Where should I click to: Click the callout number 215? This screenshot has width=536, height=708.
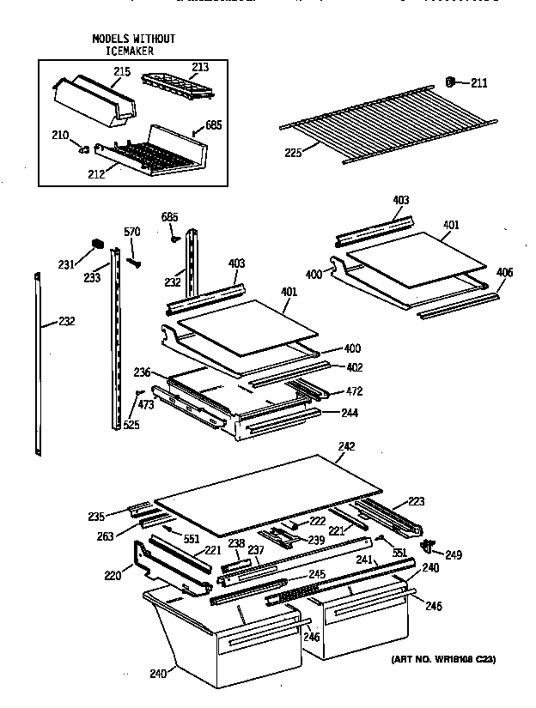[x=122, y=72]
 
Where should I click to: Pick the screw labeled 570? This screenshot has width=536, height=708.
[x=133, y=258]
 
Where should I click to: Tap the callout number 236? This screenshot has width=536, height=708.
[x=142, y=372]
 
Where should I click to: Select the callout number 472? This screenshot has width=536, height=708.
[x=352, y=391]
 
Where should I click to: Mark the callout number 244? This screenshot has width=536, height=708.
[x=349, y=413]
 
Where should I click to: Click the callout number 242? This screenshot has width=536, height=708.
[x=346, y=446]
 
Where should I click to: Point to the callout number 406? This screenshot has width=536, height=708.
[x=504, y=273]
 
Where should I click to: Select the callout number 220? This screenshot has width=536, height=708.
[x=113, y=576]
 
